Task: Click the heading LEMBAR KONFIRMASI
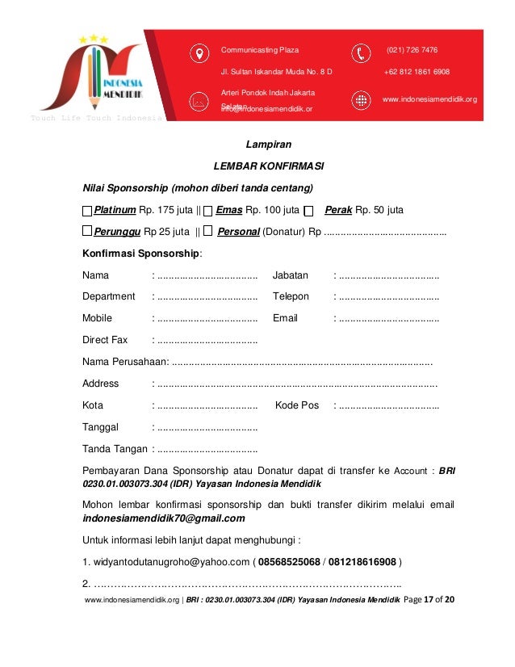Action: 268,166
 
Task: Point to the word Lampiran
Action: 268,145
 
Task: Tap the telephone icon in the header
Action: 361,53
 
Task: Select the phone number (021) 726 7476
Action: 412,50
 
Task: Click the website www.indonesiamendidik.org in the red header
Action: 429,99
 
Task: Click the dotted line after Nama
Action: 207,275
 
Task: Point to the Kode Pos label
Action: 297,405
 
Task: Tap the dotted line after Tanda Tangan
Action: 207,449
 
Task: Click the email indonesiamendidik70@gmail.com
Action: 164,518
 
